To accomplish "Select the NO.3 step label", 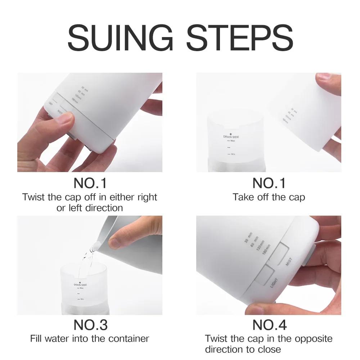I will pos(90,325).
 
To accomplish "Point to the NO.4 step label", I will pos(269,325).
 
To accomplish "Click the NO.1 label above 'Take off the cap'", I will pos(269,183).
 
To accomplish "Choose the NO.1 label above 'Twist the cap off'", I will pos(90,183).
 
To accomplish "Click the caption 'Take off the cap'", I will pos(269,197).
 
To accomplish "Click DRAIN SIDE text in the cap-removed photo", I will pos(231,137).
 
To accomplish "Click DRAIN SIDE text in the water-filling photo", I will pos(80,284).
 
